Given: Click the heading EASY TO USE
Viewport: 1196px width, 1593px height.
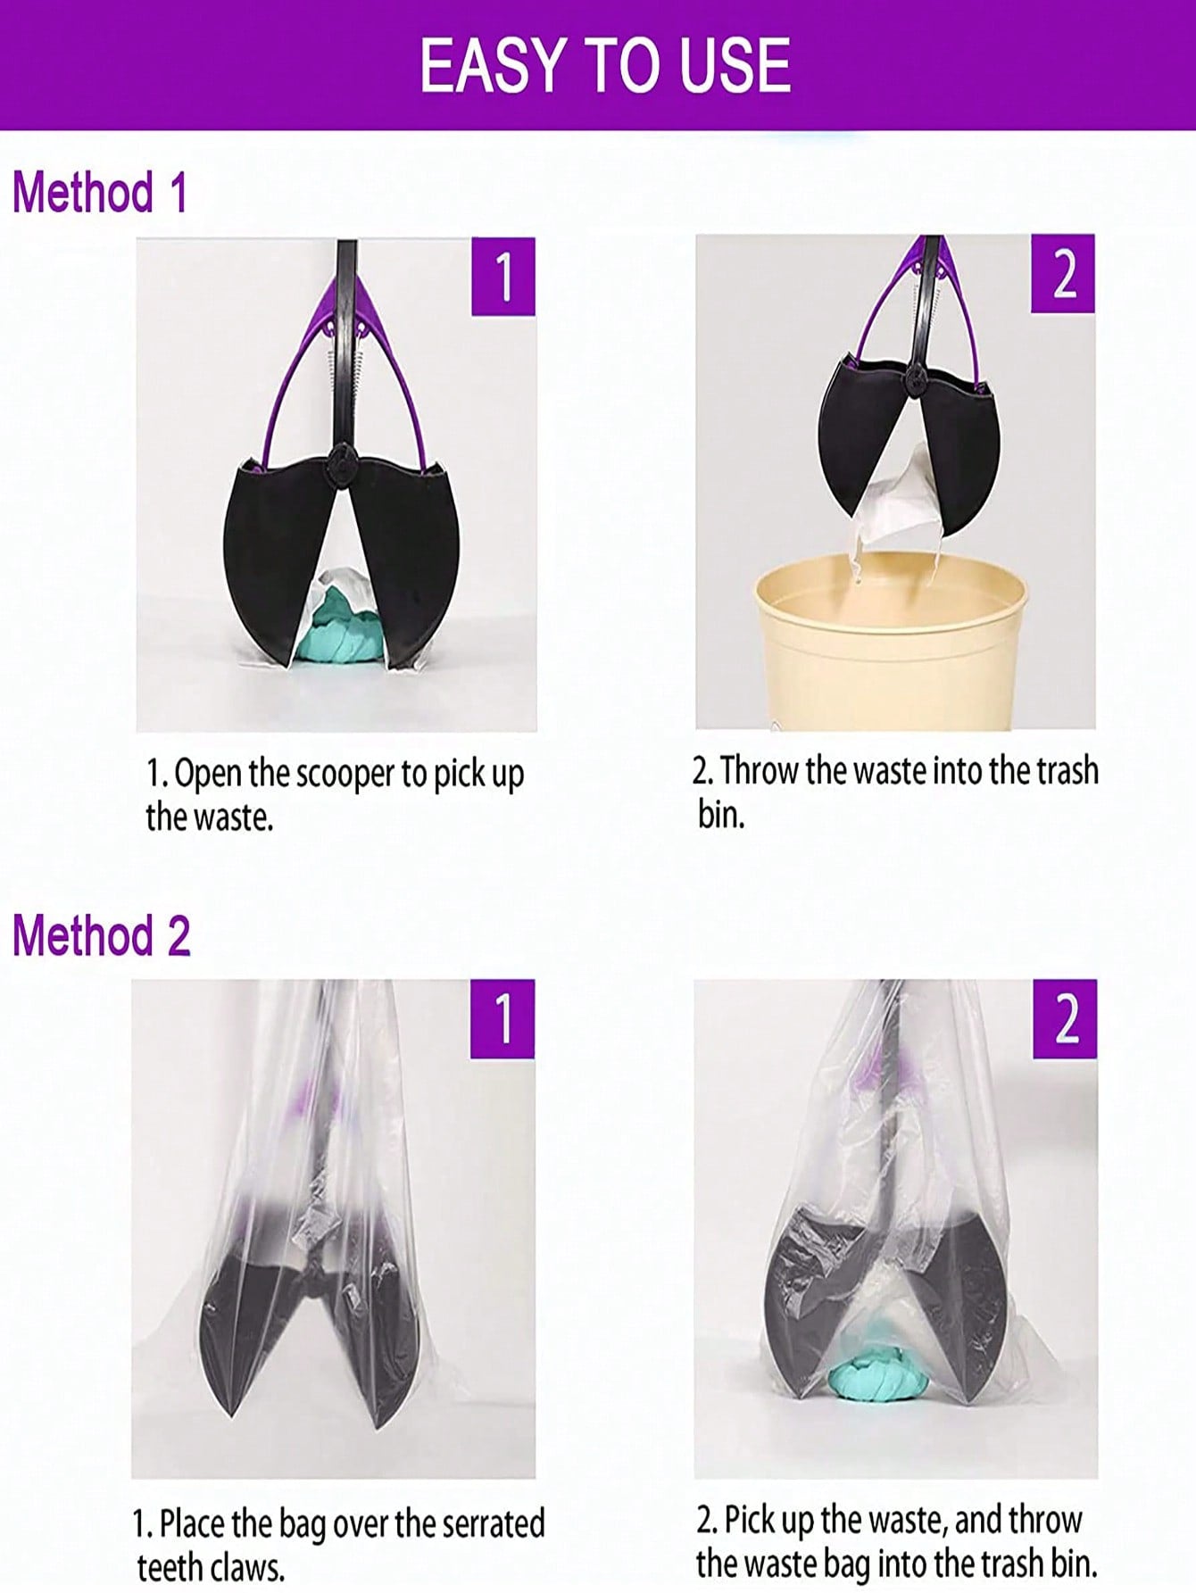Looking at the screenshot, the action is pos(605,65).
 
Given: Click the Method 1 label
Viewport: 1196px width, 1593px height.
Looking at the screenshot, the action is pos(100,192).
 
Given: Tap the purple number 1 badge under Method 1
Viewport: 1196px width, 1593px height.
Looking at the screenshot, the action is pos(503,277).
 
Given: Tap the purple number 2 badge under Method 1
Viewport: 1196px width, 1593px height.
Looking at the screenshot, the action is pos(1063,274).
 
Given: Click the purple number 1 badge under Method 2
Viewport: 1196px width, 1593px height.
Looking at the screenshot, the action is pos(502,1019).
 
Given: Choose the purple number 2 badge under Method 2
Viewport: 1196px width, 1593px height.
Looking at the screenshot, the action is pos(1066,1019).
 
